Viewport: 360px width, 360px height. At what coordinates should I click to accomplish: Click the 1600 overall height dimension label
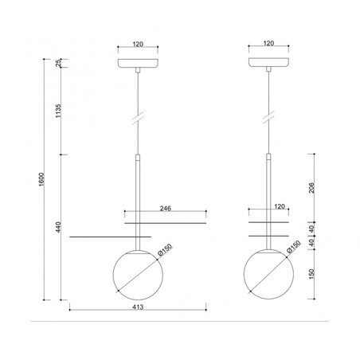pos(41,179)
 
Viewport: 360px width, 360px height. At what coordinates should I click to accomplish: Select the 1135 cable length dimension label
pos(58,112)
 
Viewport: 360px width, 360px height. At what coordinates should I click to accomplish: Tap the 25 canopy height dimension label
pos(58,63)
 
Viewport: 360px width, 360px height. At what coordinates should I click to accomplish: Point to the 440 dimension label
pos(58,227)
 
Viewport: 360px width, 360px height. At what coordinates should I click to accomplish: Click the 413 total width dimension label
pos(138,307)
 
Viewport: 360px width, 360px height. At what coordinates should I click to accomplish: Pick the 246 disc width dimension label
pos(166,209)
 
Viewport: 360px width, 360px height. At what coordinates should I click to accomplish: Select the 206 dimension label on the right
pos(311,188)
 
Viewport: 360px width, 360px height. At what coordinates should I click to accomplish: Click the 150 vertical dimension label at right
pos(311,274)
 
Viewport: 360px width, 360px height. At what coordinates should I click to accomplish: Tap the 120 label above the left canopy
pos(138,44)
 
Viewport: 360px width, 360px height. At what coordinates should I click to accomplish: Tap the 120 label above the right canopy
pos(268,43)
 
